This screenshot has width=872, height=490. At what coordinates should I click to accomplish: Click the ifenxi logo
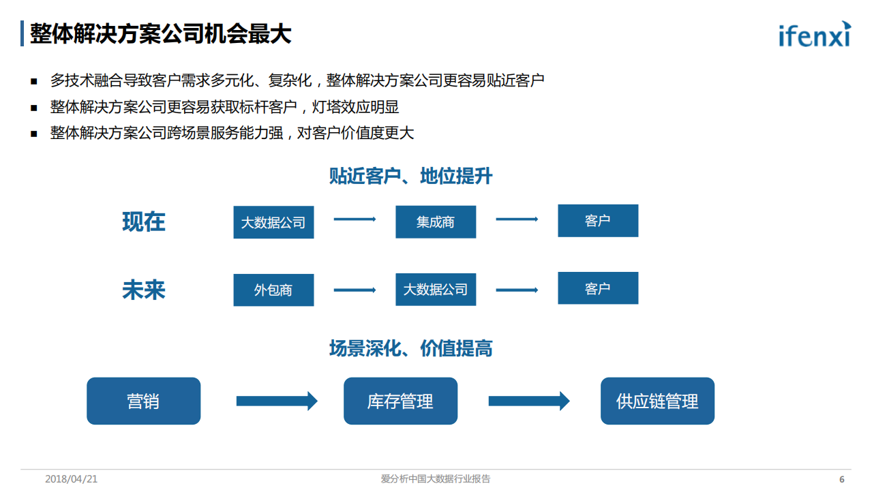tap(815, 33)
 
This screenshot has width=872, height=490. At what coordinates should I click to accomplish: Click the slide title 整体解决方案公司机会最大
tap(161, 33)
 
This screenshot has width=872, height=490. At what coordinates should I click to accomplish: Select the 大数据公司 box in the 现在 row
tap(273, 222)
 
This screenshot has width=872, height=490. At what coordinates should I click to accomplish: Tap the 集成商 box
tap(436, 222)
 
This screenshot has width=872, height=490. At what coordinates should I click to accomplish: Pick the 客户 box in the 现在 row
tap(598, 221)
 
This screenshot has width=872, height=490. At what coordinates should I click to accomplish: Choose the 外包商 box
tap(273, 290)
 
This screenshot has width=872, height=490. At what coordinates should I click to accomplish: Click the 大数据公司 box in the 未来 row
tap(436, 289)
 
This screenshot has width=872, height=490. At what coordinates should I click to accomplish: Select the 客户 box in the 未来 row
tap(598, 288)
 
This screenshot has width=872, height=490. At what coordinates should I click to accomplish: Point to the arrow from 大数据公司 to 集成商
tap(355, 219)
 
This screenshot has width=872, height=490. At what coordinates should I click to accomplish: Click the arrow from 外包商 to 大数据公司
tap(355, 290)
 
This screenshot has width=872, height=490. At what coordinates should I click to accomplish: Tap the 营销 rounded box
tap(144, 401)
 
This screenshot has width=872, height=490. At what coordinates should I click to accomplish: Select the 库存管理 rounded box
tap(400, 401)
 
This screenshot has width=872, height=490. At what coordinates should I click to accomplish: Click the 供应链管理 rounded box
tap(657, 401)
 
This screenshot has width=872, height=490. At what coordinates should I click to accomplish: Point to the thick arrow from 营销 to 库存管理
tap(277, 401)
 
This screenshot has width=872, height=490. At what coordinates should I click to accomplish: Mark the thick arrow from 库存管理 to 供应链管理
tap(529, 401)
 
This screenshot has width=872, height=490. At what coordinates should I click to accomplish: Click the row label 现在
tap(144, 222)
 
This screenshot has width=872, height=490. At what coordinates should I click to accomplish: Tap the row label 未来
tap(144, 290)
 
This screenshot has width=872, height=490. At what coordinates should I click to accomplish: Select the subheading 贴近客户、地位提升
tap(410, 177)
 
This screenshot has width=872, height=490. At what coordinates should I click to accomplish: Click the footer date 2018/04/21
tap(72, 479)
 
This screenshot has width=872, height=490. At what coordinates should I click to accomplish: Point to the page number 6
tap(841, 479)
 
